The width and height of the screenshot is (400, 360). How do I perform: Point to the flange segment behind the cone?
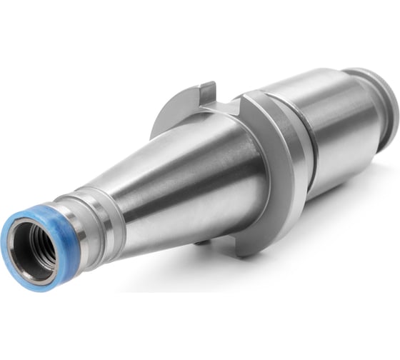click(171, 118)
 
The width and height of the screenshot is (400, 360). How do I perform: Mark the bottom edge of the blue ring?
click(32, 286)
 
